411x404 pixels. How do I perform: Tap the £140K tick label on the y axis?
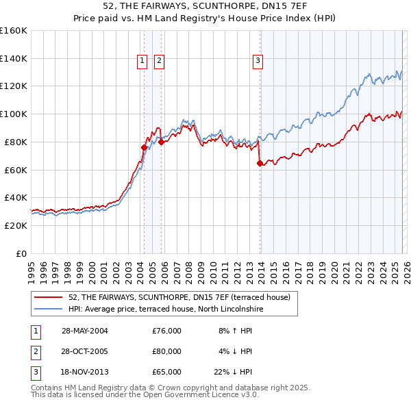point(14,58)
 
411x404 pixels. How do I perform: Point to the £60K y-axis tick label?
point(16,170)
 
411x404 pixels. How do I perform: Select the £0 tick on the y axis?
point(22,253)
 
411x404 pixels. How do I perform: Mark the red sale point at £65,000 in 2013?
point(260,163)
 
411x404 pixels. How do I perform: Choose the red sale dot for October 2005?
point(162,142)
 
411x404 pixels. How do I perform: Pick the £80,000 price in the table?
point(166,351)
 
